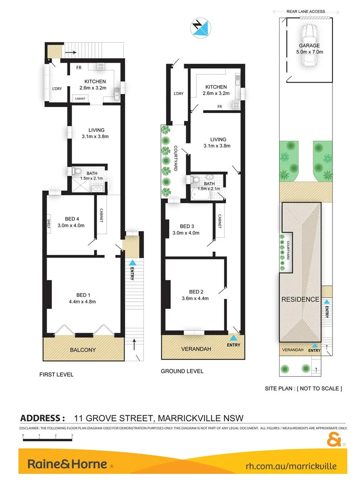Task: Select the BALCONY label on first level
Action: pos(84,350)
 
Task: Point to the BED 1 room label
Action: pos(86,294)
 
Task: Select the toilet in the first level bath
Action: pos(77,172)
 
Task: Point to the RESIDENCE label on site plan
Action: pos(300,299)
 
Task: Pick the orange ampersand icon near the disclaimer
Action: pos(334,438)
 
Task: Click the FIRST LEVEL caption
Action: pos(56,374)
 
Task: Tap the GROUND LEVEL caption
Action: pos(182,371)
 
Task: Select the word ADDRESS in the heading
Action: pos(42,418)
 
